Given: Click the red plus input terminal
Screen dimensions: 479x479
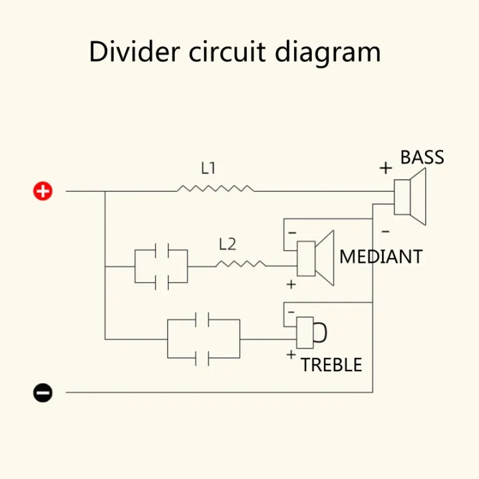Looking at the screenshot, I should pos(43,192).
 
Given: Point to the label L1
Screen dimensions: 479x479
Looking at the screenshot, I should pos(208,169).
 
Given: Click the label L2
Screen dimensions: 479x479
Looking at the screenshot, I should pos(228,244).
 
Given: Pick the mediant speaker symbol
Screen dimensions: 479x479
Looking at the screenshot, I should pos(315,258).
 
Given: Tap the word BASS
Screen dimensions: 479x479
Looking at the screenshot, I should pos(422,158).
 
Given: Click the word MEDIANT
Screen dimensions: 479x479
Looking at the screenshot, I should pos(381,257).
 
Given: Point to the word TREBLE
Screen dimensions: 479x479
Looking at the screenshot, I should pos(331,365).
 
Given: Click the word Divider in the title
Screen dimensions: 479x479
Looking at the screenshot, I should pos(128,52).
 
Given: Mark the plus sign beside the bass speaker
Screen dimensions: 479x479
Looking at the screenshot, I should pos(385,168).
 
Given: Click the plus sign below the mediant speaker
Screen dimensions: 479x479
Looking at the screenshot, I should pos(290,285).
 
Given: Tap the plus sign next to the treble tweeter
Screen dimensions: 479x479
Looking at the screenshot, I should pos(290,355).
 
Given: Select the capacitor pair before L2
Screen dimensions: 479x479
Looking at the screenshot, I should pos(162,266).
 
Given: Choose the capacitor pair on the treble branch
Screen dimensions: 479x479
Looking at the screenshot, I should pos(204,339).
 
